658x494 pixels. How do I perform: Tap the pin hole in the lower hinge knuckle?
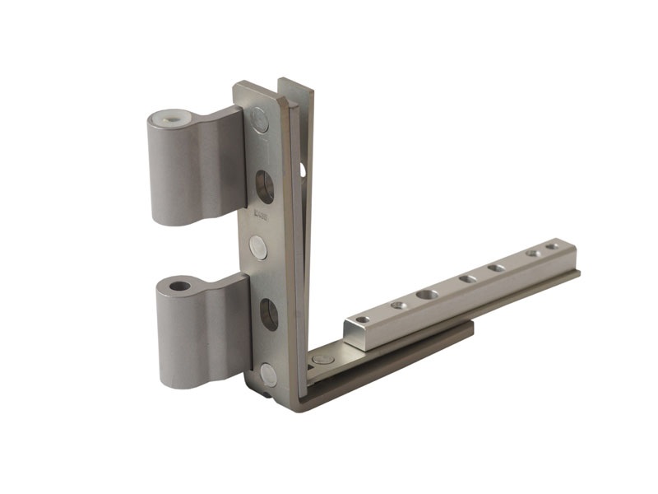pos(179,287)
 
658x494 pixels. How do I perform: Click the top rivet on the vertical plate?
pos(260,123)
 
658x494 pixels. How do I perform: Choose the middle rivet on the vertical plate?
pos(258,247)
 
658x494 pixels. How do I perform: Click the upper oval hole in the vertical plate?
pos(265,186)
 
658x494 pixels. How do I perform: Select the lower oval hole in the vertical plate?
pos(269,315)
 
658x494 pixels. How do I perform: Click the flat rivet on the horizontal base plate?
pos(323,360)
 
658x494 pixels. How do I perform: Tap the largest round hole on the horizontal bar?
pos(427,294)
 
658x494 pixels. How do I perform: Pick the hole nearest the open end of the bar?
pos(362,319)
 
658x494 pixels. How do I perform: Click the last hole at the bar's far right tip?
pos(551,245)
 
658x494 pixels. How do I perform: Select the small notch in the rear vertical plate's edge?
pos(302,170)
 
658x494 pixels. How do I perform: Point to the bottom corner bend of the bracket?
pos(288,399)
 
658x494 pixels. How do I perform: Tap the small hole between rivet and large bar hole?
pos(399,305)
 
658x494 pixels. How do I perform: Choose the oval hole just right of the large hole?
pos(467,279)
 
